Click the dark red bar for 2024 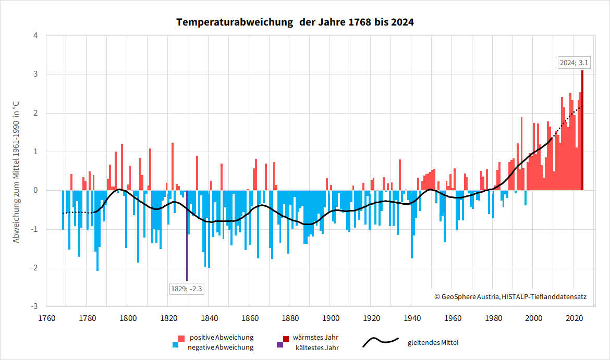[582, 130]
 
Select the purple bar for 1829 [187, 234]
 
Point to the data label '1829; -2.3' [187, 288]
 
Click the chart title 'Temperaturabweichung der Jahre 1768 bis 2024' [295, 22]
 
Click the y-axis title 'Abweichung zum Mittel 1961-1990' [16, 172]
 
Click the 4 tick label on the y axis [35, 36]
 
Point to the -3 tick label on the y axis [34, 307]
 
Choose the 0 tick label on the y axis [35, 191]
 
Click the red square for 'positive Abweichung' [181, 338]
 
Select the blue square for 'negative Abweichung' [175, 345]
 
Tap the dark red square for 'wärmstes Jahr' [286, 338]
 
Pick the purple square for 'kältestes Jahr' [280, 345]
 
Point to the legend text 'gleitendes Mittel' [433, 342]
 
